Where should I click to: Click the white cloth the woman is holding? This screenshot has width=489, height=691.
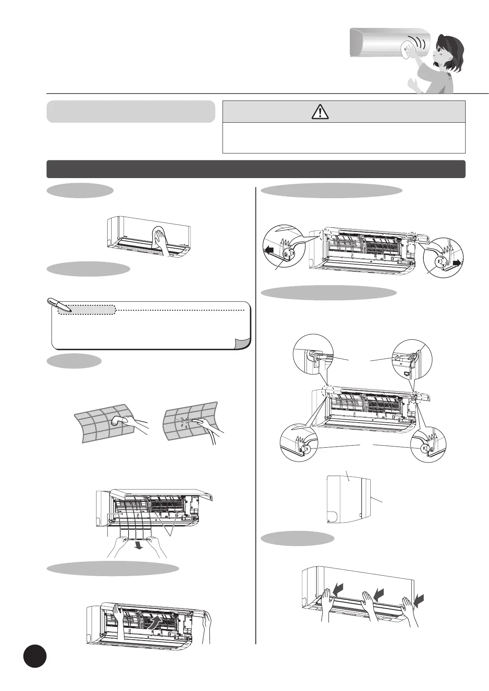tap(408, 49)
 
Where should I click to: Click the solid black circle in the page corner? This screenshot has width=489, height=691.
tap(35, 656)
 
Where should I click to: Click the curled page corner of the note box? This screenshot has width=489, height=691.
tap(242, 343)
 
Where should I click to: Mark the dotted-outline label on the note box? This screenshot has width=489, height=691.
tap(87, 309)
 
